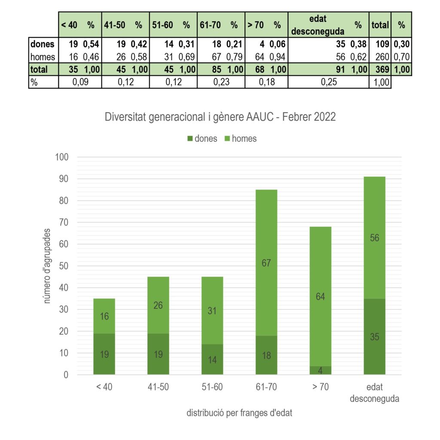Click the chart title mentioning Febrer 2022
pos(220,117)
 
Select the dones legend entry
pos(202,138)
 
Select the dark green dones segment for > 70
pos(321,370)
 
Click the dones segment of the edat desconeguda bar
pos(374,336)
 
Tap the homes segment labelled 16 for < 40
pos(104,316)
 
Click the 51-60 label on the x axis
pos(212,387)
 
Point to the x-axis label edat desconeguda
pos(374,392)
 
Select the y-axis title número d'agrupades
pos(47,266)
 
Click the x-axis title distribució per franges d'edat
pos(240,413)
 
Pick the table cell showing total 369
pos(379,69)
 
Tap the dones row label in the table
pos(43,44)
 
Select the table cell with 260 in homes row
pos(379,56)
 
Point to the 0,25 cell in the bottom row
pos(328,82)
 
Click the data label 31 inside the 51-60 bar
pos(212,311)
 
